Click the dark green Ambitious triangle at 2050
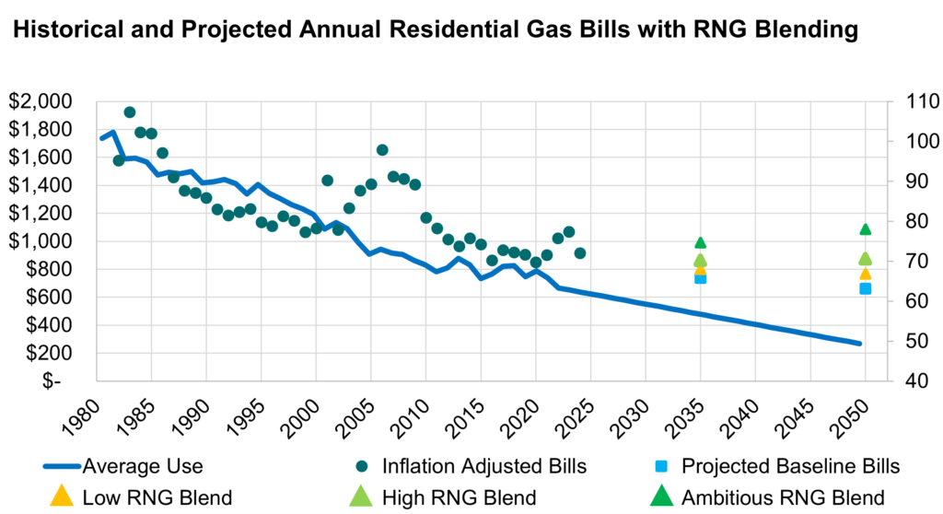point(865,228)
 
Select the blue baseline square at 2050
point(865,288)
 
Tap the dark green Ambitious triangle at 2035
point(700,242)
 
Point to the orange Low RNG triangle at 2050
point(865,274)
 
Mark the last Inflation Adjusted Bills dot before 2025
point(579,253)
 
